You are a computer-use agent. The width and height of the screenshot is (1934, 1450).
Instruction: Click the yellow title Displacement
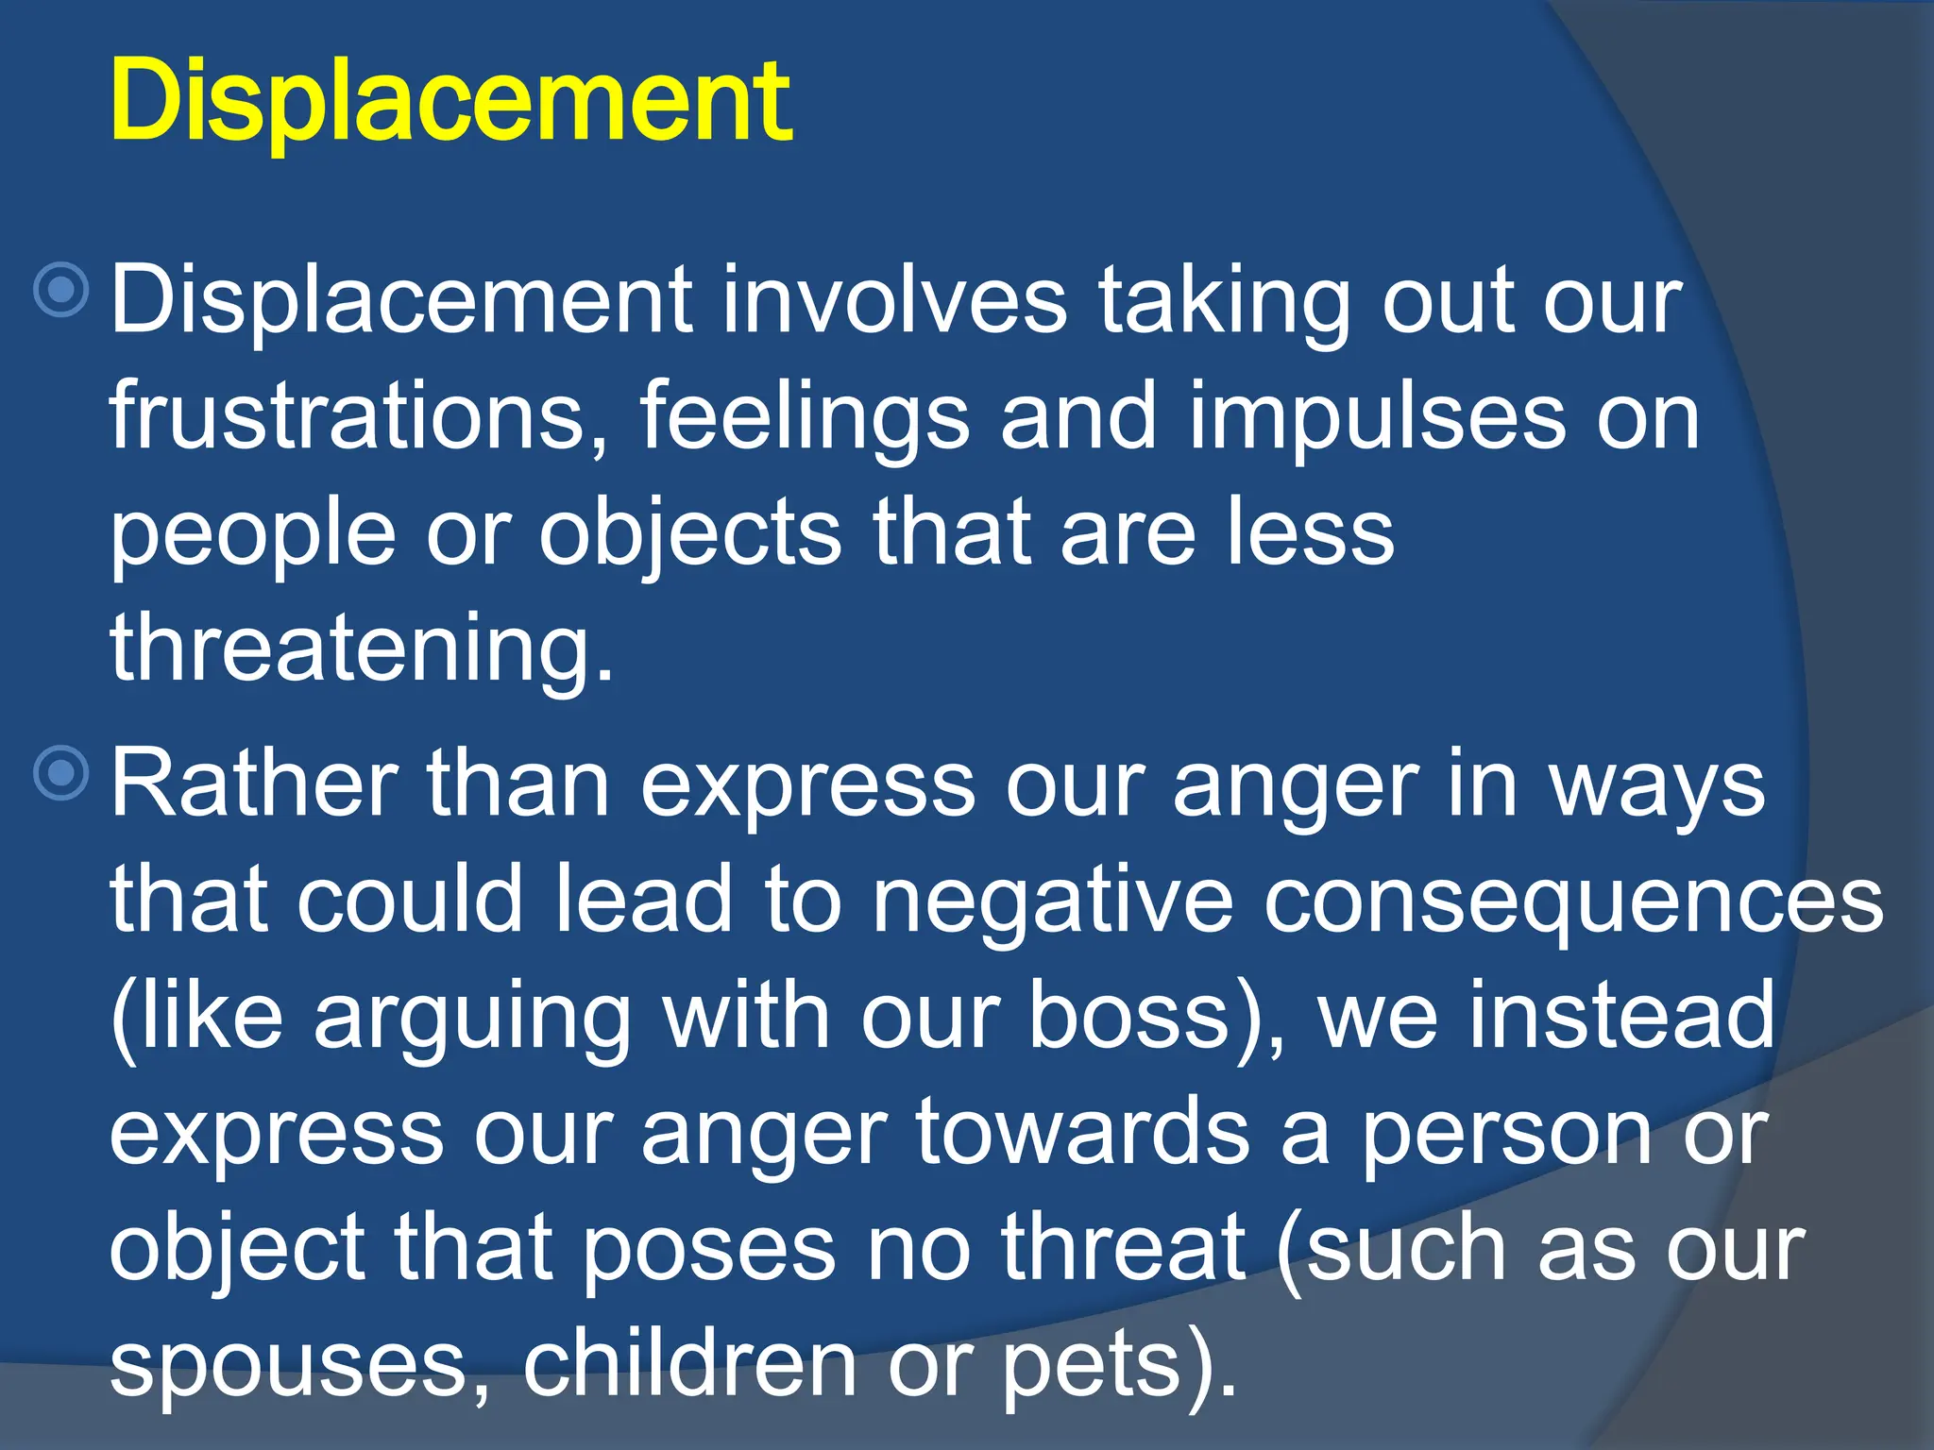450,102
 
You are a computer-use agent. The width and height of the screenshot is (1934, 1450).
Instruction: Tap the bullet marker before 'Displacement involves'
61,290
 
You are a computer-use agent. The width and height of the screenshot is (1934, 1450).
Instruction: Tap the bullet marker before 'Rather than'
61,774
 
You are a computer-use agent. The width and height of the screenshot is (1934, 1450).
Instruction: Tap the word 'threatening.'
362,649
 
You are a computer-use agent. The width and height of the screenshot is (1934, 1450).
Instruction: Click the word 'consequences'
1573,902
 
